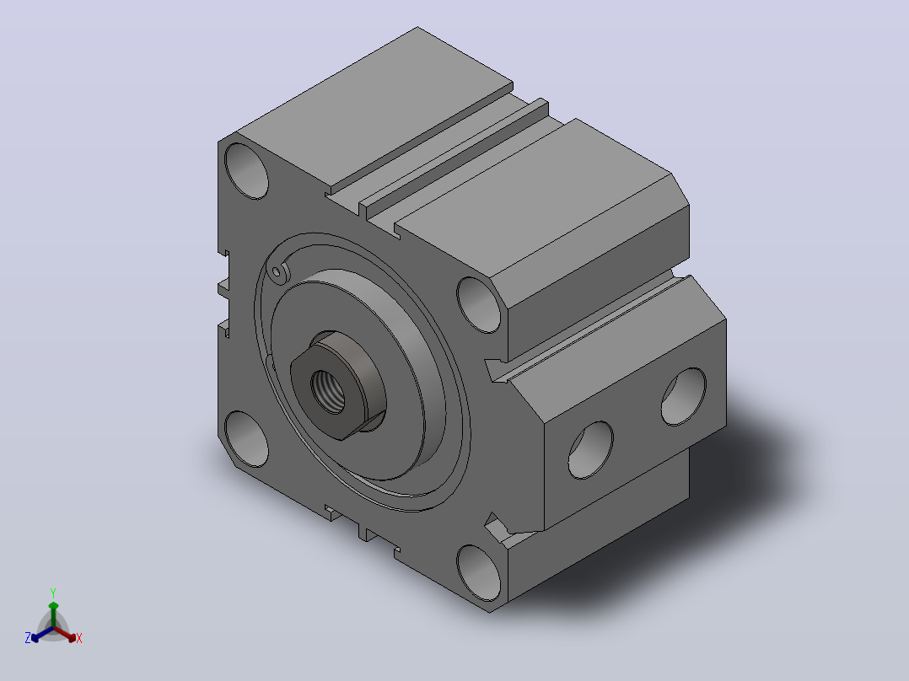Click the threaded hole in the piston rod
click(327, 391)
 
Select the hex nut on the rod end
click(337, 385)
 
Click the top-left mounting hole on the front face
click(246, 171)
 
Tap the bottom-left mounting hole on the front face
click(246, 439)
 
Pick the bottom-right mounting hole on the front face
click(479, 573)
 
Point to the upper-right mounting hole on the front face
click(479, 305)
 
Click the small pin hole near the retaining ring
click(277, 272)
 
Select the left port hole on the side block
click(591, 450)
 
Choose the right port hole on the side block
click(684, 396)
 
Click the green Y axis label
click(53, 593)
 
